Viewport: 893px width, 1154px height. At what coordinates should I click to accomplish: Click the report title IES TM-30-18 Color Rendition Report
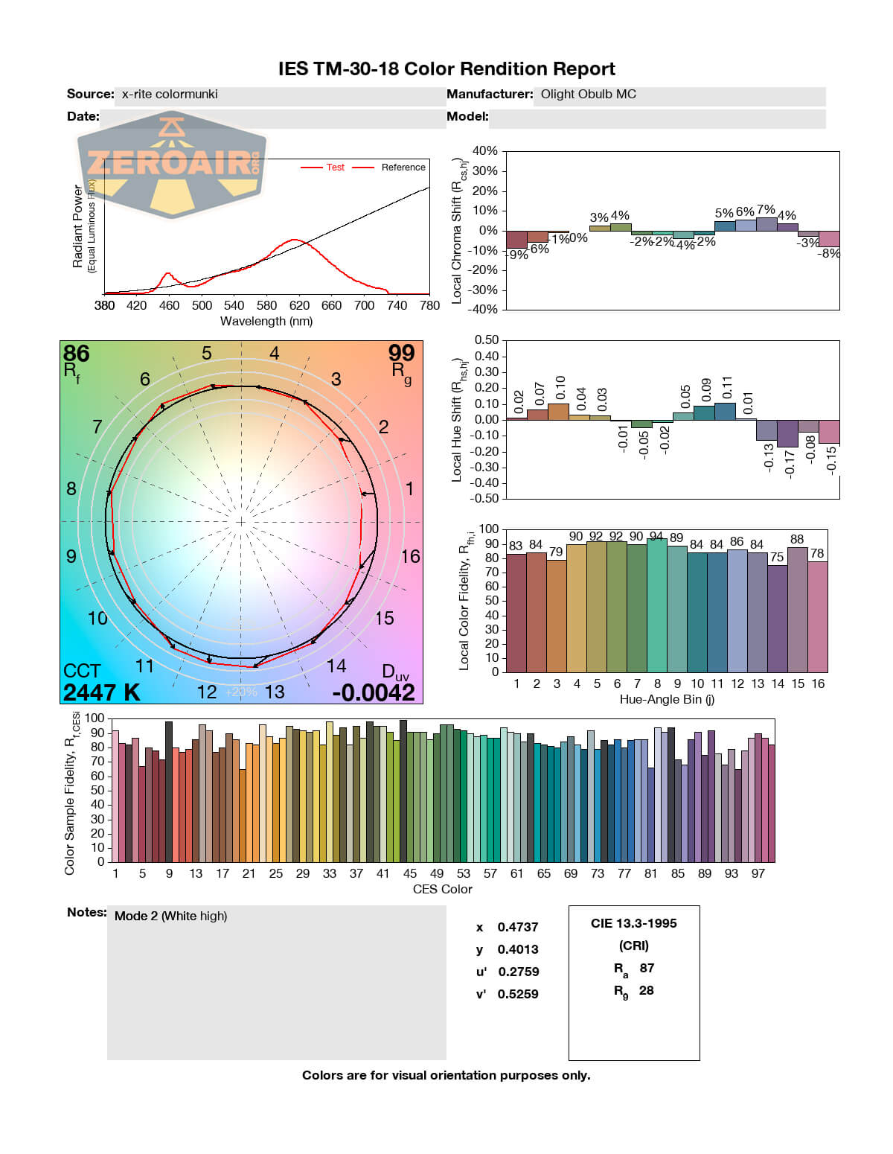446,69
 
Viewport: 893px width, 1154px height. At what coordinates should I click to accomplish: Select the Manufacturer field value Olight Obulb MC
588,95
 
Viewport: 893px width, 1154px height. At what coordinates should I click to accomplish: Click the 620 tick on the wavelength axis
299,305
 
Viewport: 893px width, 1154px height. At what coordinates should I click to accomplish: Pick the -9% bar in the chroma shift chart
516,240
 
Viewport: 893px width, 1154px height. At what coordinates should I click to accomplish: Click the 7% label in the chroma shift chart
766,210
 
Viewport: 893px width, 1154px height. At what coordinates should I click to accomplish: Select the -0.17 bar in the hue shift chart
787,433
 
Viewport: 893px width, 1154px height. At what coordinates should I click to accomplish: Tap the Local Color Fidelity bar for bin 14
777,618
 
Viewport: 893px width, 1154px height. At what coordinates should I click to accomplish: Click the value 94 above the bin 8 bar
656,536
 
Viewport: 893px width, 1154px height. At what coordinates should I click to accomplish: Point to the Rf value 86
77,354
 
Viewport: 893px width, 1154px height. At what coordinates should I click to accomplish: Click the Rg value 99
401,353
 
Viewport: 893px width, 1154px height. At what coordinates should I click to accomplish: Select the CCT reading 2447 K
101,692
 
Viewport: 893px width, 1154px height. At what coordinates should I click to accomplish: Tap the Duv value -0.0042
374,692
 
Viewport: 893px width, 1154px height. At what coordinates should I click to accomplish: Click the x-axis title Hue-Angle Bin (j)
667,699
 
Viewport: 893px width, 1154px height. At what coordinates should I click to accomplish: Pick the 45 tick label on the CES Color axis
410,873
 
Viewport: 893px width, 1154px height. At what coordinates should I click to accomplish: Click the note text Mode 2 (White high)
170,916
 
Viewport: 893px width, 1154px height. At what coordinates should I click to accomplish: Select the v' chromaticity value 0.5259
518,994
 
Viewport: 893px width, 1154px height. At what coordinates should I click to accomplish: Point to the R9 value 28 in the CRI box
646,990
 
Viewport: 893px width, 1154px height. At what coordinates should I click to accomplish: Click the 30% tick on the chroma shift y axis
484,171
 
